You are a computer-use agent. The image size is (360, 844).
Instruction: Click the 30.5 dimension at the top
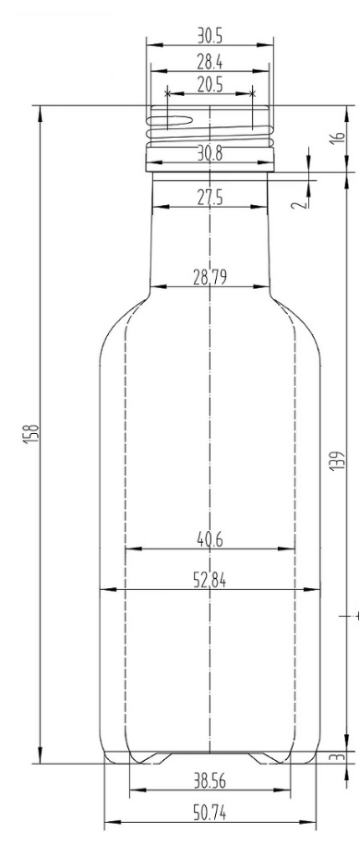[x=210, y=35]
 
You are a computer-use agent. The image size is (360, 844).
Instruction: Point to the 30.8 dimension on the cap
[x=210, y=155]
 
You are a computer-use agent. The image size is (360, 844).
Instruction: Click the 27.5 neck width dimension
[x=210, y=198]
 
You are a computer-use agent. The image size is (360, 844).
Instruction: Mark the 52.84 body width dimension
[x=210, y=580]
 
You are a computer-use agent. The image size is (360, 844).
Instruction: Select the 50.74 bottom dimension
[x=210, y=813]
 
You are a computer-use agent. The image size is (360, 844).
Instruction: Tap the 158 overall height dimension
[x=30, y=433]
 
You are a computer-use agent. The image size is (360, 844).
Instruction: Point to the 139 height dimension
[x=337, y=461]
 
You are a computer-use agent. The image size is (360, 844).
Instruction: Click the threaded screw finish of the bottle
[x=210, y=129]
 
